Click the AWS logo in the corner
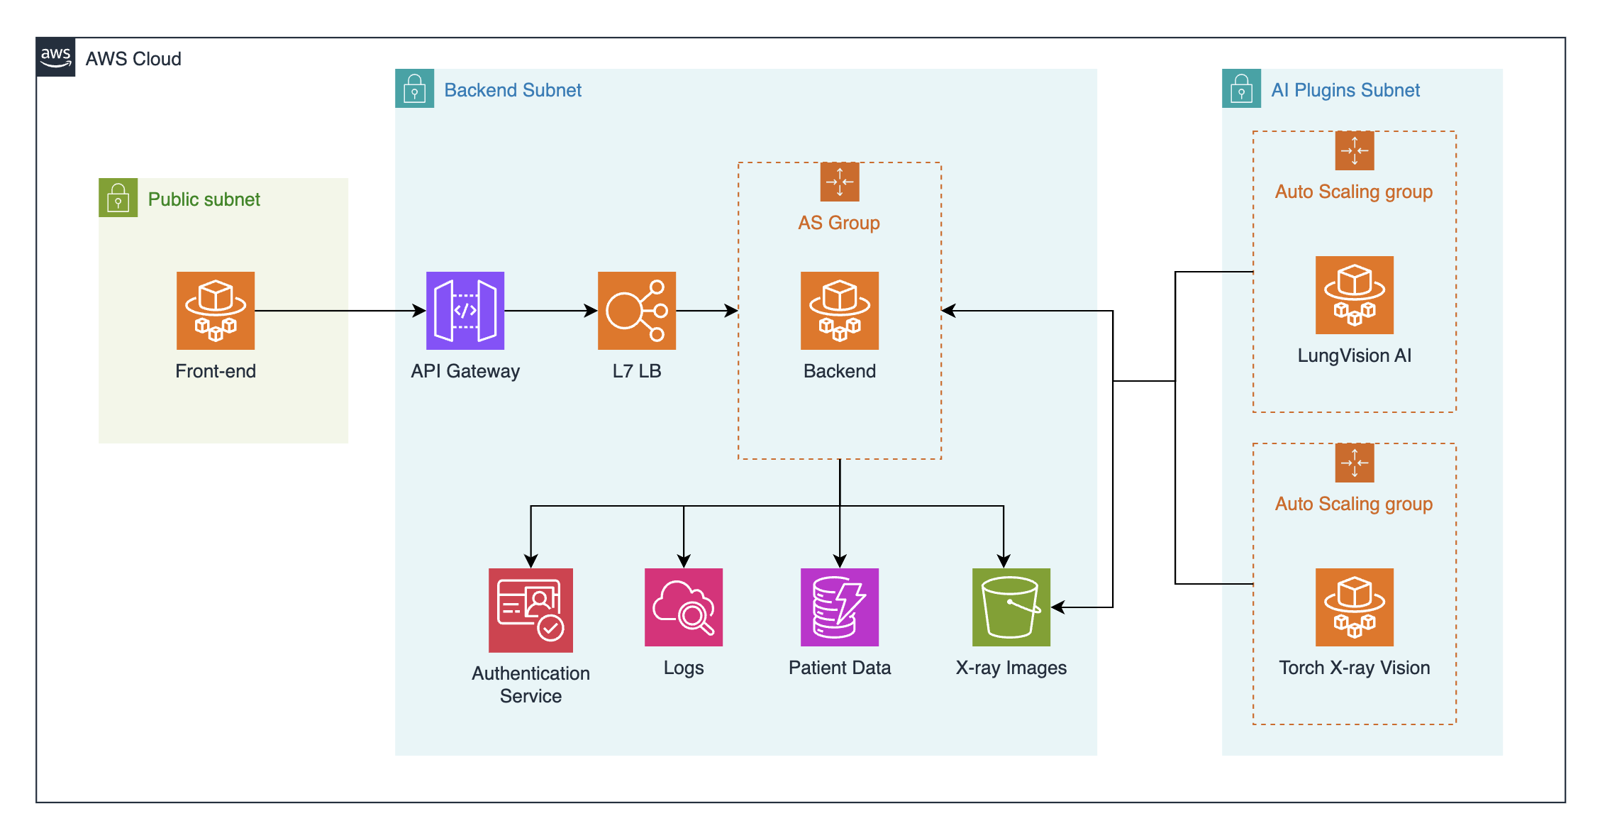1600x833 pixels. tap(55, 57)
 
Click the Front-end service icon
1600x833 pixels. tap(216, 311)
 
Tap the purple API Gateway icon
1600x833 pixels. tap(465, 311)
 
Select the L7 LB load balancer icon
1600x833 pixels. tap(637, 311)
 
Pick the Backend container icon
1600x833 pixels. tap(840, 311)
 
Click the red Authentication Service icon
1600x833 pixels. tap(530, 610)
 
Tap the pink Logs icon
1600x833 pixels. tap(684, 607)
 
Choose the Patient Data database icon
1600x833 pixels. tap(840, 607)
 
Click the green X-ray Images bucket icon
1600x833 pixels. tap(1011, 607)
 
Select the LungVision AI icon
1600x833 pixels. tap(1355, 295)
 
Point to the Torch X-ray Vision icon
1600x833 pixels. tap(1355, 607)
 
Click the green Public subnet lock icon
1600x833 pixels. tap(118, 198)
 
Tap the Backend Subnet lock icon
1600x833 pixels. tap(415, 89)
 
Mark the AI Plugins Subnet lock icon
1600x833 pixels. tap(1242, 89)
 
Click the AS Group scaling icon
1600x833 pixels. tap(840, 182)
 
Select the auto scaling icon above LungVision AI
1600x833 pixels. tap(1355, 151)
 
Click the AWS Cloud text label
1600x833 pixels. tap(133, 59)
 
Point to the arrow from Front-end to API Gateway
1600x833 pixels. tap(340, 311)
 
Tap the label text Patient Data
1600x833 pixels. tap(840, 668)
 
